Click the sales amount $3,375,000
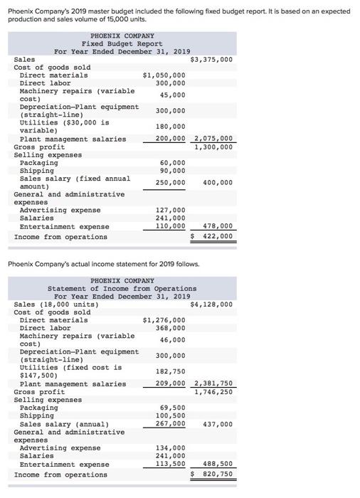(x=211, y=59)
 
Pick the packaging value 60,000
(x=172, y=163)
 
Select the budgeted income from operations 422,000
(x=215, y=236)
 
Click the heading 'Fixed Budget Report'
(x=122, y=43)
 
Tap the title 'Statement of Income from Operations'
(x=122, y=288)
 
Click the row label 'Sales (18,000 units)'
(x=56, y=304)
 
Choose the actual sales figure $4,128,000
(x=211, y=304)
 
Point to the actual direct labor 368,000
(x=170, y=328)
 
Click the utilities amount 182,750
(x=170, y=371)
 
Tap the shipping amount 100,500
(x=170, y=415)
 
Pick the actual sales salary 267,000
(x=170, y=424)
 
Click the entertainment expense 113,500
(x=170, y=464)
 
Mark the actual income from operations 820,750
(x=215, y=474)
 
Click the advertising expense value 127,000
(x=170, y=210)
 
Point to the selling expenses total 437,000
(x=218, y=424)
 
